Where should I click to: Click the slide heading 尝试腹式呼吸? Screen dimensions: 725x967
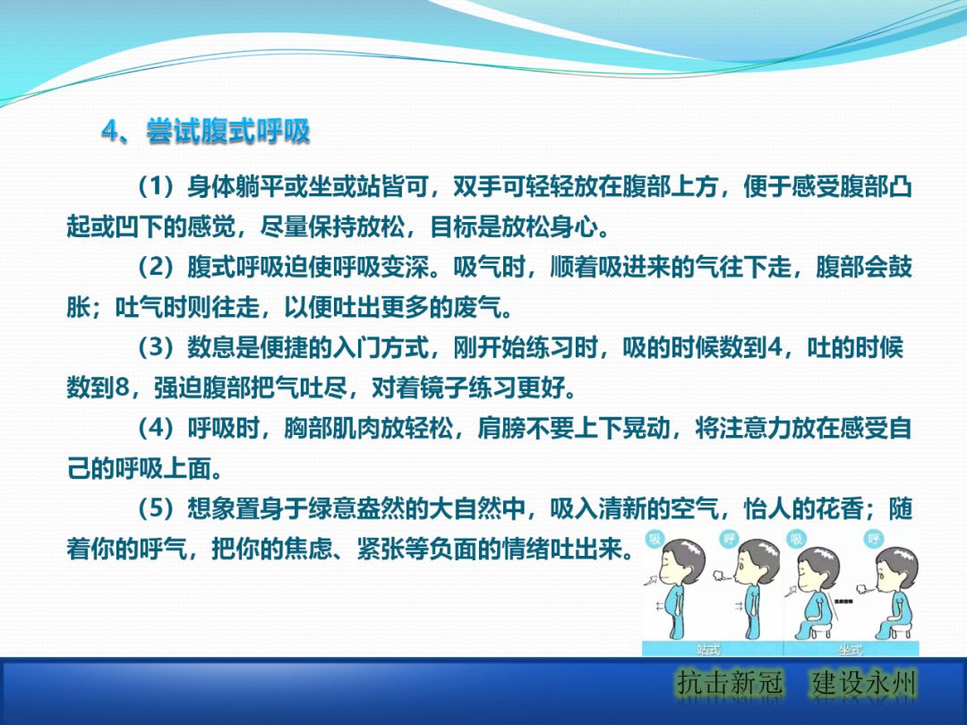[228, 132]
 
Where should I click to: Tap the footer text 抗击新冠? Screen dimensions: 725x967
[730, 685]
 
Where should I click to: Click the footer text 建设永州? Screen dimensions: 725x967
[864, 685]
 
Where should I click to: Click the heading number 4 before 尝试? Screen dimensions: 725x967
[110, 132]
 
